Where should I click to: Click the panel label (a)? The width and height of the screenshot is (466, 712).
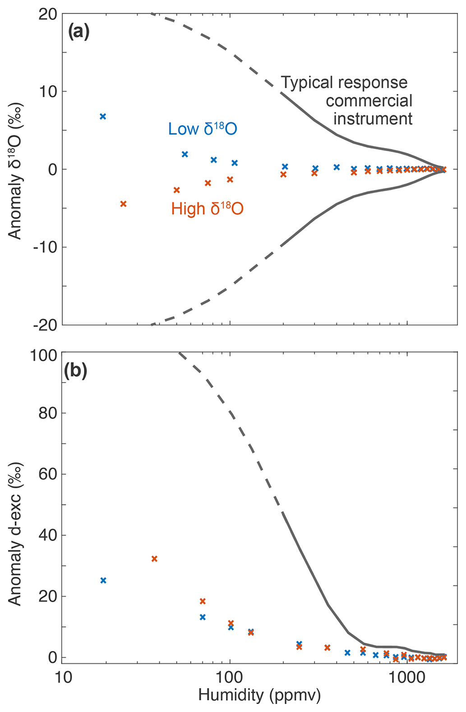coord(78,32)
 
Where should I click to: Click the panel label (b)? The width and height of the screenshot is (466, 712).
coord(76,371)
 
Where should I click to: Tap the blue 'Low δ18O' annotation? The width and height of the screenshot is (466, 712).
coord(203,129)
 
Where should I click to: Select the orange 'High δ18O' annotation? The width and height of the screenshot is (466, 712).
coord(207,208)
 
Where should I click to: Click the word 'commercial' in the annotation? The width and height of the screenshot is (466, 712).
coord(369,101)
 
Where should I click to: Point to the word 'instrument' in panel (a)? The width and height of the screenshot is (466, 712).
coord(373,119)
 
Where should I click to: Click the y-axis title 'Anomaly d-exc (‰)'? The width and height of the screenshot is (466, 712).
coord(15,534)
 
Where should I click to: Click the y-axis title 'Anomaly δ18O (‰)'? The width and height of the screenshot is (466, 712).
coord(15,172)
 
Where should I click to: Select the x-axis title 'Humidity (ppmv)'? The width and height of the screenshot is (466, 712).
coord(259,695)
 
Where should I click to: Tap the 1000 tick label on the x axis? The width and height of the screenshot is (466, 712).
coord(407,677)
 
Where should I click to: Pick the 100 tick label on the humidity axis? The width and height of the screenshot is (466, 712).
coord(230,677)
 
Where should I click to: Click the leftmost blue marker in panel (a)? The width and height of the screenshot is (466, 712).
coord(103,116)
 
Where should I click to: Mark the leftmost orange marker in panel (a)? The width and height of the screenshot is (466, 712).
coord(123,204)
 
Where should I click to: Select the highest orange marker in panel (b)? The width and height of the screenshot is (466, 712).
coord(154,559)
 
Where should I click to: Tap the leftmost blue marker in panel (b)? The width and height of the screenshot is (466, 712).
coord(103,580)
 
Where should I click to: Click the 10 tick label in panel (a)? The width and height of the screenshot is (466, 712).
coord(47,92)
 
